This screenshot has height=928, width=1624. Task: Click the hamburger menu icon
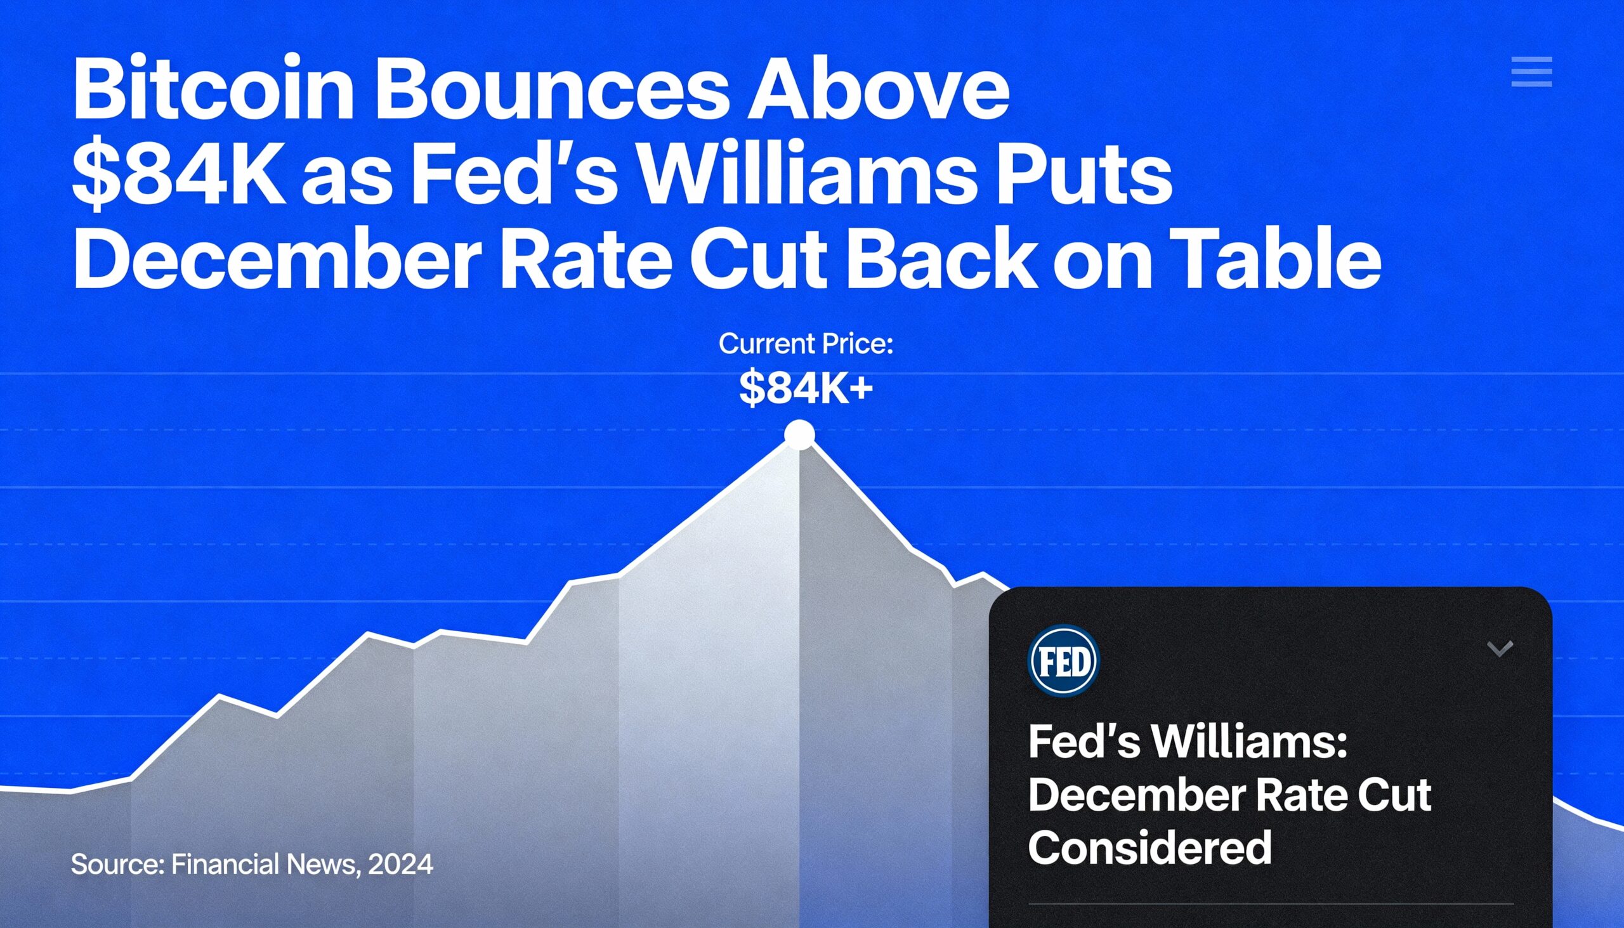pyautogui.click(x=1531, y=72)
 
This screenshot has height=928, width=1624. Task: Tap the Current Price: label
pyautogui.click(x=806, y=344)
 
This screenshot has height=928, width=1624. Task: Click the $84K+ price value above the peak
pyautogui.click(x=806, y=388)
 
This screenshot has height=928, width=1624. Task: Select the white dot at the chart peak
pyautogui.click(x=799, y=435)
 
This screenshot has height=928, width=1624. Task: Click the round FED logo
pyautogui.click(x=1064, y=660)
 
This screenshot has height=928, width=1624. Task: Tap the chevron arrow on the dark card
pyautogui.click(x=1500, y=650)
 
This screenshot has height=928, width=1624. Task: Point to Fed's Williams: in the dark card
pyautogui.click(x=1188, y=743)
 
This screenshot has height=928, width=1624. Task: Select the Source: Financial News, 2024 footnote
pyautogui.click(x=252, y=865)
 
